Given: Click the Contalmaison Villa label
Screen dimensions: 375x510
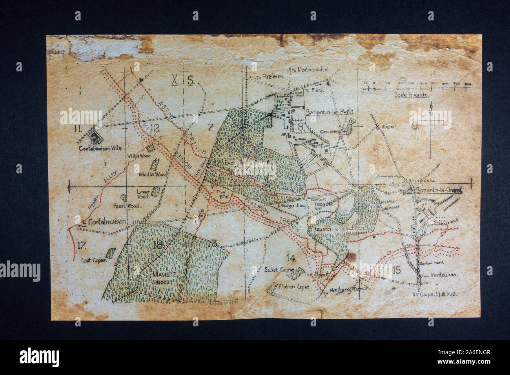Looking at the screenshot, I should pyautogui.click(x=100, y=148).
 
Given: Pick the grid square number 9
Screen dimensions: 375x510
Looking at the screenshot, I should pyautogui.click(x=415, y=126).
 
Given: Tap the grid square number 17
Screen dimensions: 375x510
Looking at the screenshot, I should pyautogui.click(x=82, y=246).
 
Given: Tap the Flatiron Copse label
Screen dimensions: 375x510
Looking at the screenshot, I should pyautogui.click(x=293, y=287).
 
